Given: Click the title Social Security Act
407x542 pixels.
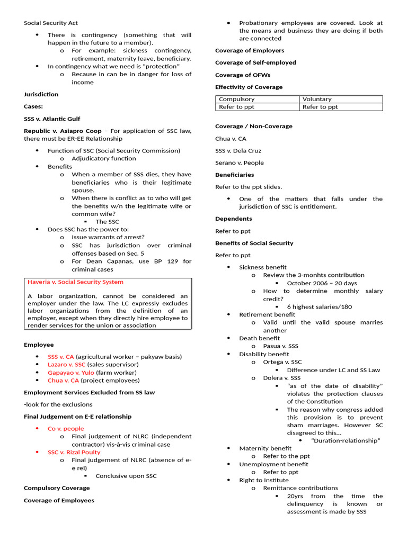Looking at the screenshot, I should tap(51, 23).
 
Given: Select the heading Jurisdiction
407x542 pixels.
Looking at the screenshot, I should tap(41, 94).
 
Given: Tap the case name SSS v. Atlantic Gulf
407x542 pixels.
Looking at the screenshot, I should tap(52, 119).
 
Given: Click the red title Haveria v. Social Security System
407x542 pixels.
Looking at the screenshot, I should tap(75, 282).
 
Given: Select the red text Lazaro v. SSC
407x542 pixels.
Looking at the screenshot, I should tap(66, 364).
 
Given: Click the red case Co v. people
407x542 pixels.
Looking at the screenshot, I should tap(66, 428).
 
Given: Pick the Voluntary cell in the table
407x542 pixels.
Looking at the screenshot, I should tap(317, 99).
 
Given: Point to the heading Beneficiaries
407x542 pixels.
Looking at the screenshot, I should tap(234, 175).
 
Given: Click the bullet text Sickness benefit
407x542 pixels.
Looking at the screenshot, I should tap(262, 267).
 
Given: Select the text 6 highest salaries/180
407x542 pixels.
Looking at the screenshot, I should tap(319, 306).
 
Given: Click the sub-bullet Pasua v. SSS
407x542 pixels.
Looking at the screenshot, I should tap(280, 346).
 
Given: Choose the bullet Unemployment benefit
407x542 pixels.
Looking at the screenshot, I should tap(273, 464).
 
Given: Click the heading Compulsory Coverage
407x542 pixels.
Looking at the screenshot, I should tap(57, 488).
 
